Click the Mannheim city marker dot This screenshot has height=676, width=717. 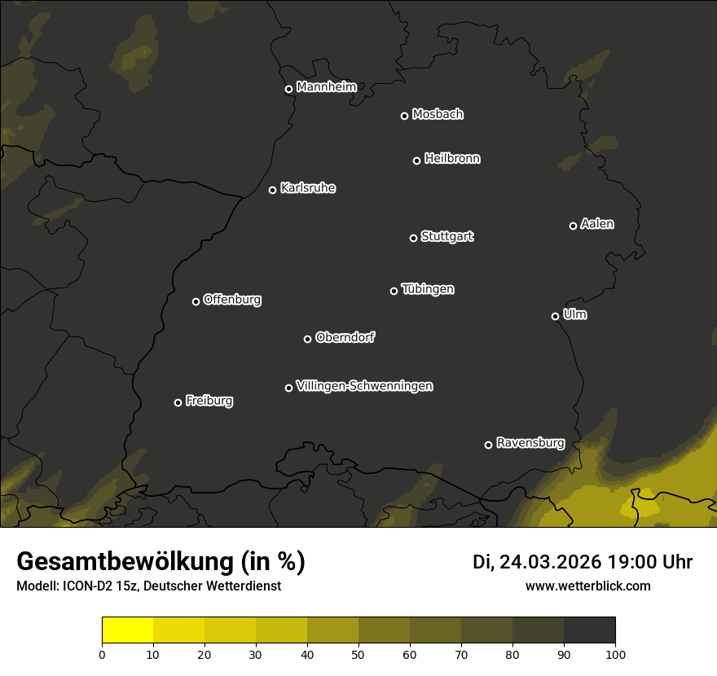288,90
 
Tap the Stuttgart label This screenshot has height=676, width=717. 447,237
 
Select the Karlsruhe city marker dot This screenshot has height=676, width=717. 273,191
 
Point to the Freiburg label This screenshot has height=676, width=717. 209,401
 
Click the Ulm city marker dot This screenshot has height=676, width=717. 556,316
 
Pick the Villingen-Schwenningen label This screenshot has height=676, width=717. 364,386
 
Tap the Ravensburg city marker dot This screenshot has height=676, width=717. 489,445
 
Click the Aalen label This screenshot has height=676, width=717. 597,224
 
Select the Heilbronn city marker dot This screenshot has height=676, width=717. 417,160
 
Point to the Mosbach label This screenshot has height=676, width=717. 438,115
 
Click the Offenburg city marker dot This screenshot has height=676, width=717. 196,301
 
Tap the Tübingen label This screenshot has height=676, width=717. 428,289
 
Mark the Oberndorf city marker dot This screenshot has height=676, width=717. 307,339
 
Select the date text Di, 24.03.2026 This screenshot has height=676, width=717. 537,562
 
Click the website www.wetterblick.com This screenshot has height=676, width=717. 587,586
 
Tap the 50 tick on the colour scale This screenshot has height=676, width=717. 358,653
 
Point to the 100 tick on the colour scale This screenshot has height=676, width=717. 615,653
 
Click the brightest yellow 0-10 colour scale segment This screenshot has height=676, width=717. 128,630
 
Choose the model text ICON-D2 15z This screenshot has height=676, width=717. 91,586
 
